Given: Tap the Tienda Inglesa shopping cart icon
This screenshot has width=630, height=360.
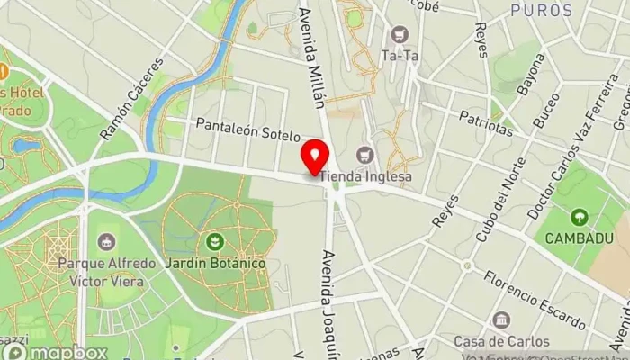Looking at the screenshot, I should tap(364, 155).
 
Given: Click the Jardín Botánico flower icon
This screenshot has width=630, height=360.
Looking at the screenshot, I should tap(215, 241).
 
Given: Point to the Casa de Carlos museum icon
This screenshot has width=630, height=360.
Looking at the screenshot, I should tap(501, 320).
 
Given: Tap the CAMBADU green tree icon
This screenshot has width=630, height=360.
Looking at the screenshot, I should tap(579, 218).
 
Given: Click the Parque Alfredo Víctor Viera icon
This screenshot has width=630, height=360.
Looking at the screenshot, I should tap(107, 241).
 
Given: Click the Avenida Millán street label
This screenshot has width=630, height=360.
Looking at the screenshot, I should tap(311, 54).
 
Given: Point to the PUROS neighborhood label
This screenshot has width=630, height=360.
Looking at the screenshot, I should tap(541, 11).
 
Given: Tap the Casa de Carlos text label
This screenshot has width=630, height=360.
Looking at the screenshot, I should tap(501, 341).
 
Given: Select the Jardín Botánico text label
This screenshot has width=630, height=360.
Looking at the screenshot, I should tap(215, 264).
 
